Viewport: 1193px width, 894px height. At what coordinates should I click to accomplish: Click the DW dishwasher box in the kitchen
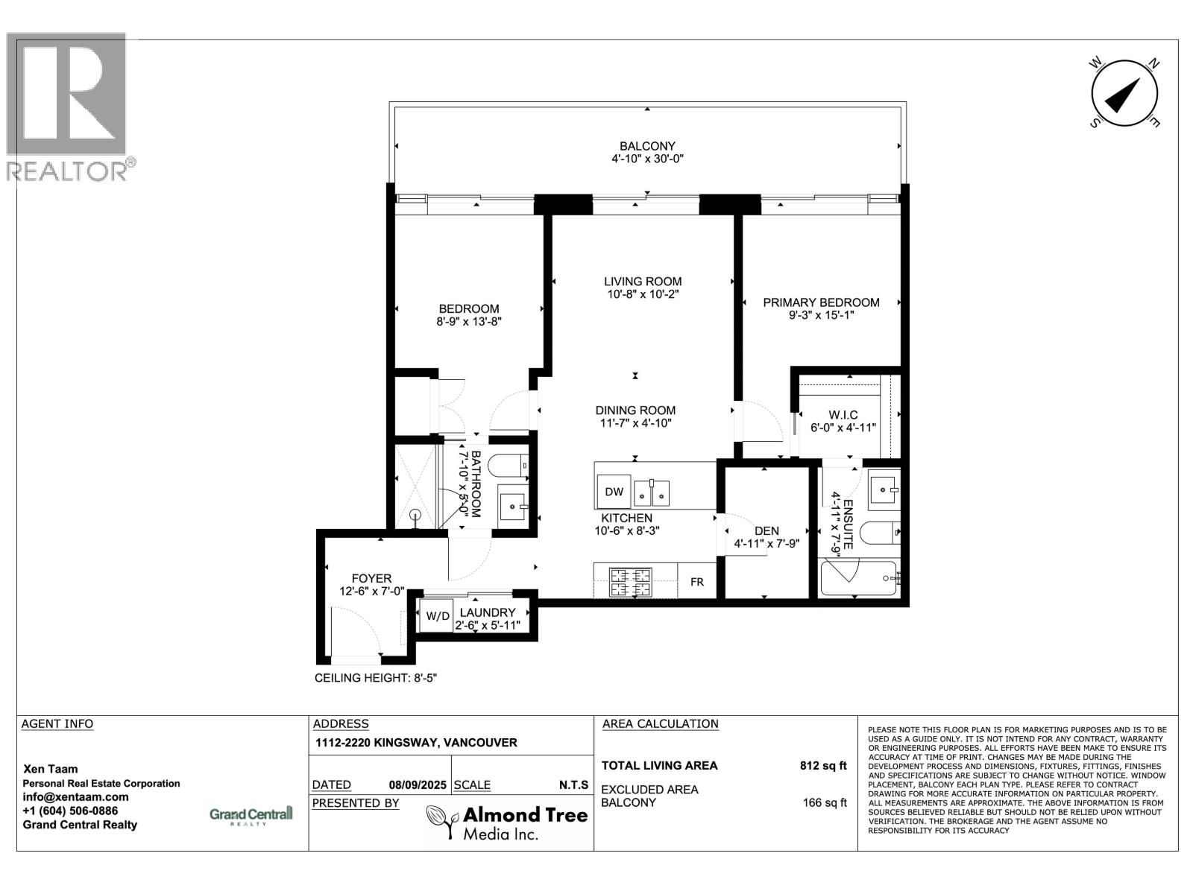(614, 492)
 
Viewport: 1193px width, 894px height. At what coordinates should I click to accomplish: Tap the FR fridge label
(696, 582)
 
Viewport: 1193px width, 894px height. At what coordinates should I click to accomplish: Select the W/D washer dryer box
(438, 616)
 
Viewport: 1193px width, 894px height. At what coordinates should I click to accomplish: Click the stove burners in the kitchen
(631, 582)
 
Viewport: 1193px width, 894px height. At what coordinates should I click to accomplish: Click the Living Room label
(643, 282)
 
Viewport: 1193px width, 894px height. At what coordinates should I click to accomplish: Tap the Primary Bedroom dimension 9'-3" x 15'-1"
(821, 315)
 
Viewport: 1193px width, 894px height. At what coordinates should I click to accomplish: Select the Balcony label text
(647, 146)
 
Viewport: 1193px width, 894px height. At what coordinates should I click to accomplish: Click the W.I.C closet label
(843, 415)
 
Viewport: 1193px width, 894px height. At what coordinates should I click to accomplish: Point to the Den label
(767, 530)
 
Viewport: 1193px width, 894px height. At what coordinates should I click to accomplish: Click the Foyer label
(371, 578)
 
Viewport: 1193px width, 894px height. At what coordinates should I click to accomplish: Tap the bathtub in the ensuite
(858, 578)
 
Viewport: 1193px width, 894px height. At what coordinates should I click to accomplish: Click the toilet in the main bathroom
(513, 465)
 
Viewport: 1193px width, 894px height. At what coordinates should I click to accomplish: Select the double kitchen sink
(651, 492)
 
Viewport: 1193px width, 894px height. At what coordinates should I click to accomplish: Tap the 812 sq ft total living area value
(822, 765)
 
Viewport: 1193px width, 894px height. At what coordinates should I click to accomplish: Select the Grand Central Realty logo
(251, 815)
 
